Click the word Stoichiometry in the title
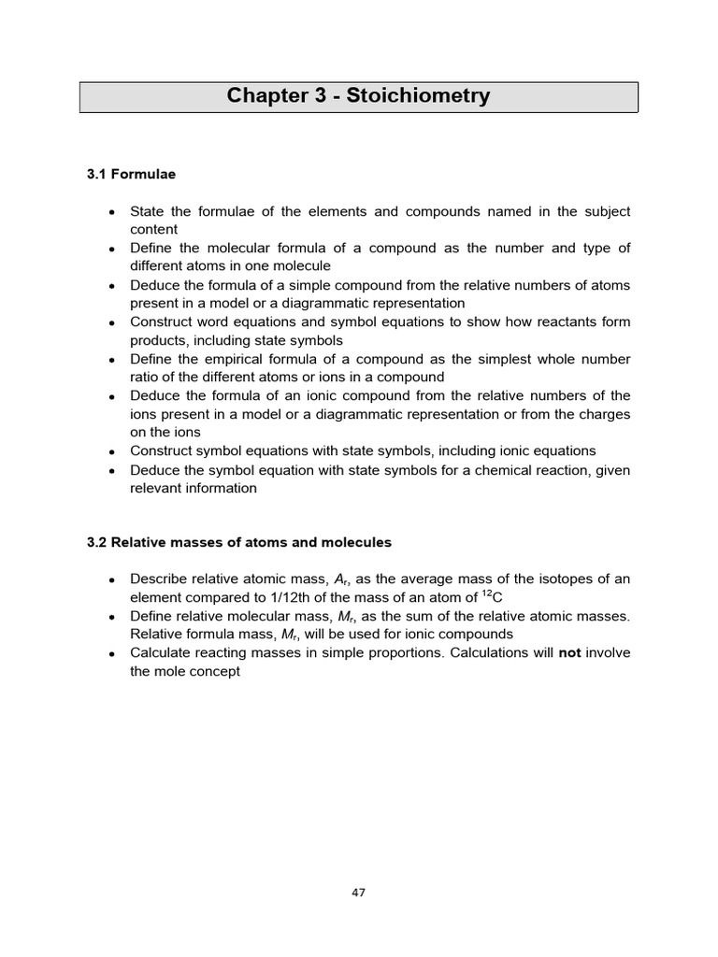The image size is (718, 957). click(x=419, y=96)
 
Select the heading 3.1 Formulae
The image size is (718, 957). click(x=131, y=174)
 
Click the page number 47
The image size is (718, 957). click(x=358, y=893)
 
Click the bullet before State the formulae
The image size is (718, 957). click(x=111, y=212)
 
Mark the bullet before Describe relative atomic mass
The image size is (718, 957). click(x=111, y=579)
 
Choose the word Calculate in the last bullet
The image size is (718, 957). click(x=162, y=652)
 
